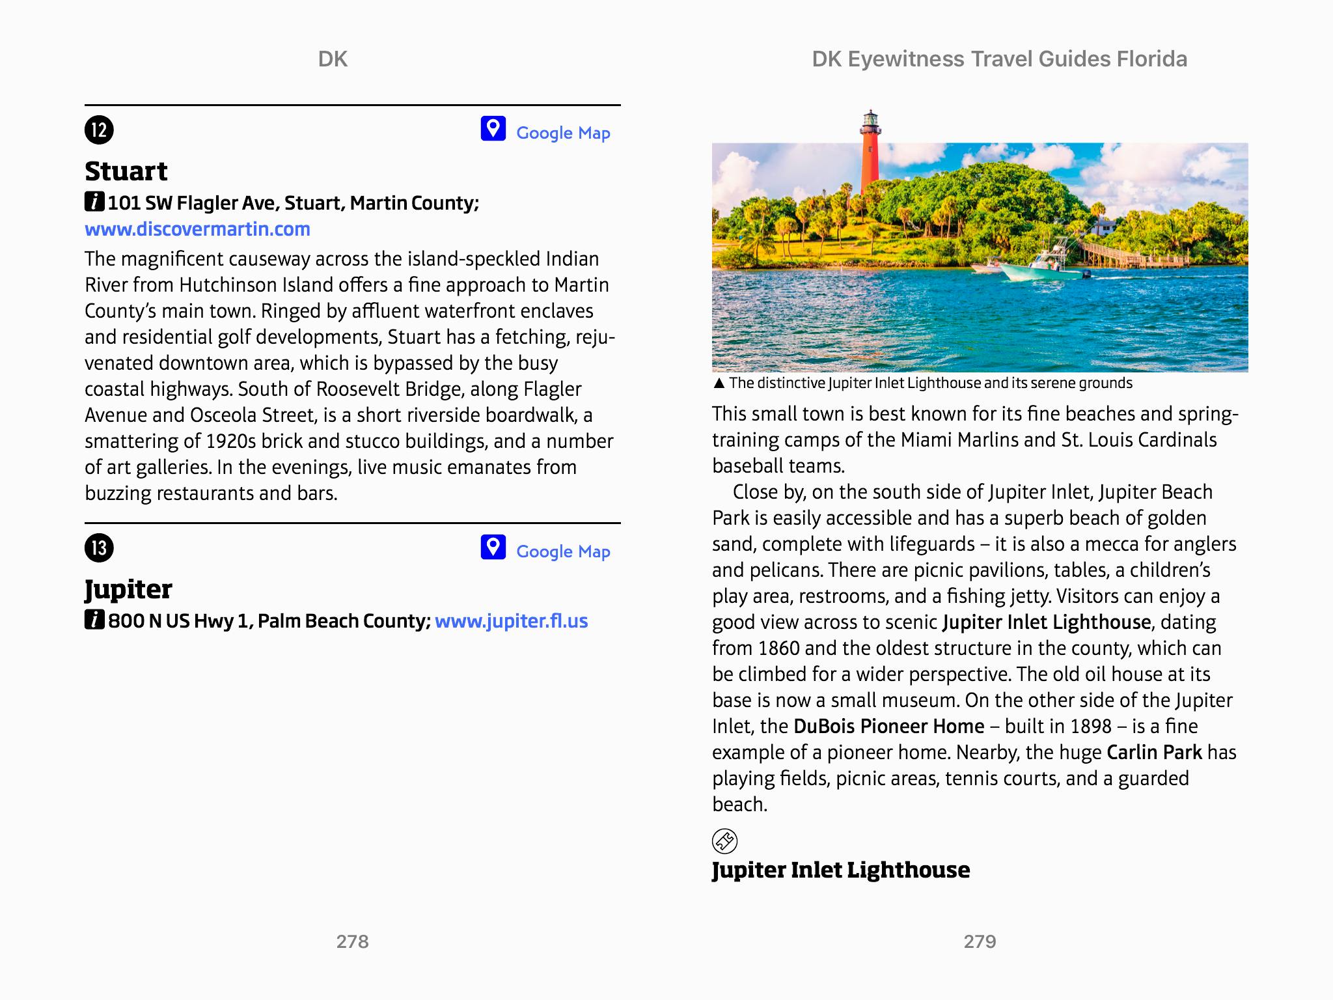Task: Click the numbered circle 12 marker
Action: pyautogui.click(x=99, y=130)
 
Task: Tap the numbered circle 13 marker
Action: pyautogui.click(x=99, y=548)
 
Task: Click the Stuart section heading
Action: pyautogui.click(x=126, y=171)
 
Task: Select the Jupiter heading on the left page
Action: pyautogui.click(x=128, y=589)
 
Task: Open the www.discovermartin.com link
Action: pyautogui.click(x=197, y=229)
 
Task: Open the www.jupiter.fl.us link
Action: pyautogui.click(x=511, y=621)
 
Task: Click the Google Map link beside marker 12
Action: pyautogui.click(x=563, y=133)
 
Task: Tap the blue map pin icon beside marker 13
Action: pyautogui.click(x=493, y=548)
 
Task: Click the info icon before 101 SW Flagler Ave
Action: pyautogui.click(x=94, y=202)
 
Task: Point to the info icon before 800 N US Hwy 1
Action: pyautogui.click(x=94, y=620)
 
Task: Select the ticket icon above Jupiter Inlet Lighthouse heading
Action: pyautogui.click(x=724, y=840)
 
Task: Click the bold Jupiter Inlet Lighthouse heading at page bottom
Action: pyautogui.click(x=840, y=870)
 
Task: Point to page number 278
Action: pyautogui.click(x=352, y=941)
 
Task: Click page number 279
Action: pyautogui.click(x=980, y=941)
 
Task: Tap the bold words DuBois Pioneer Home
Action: pyautogui.click(x=888, y=726)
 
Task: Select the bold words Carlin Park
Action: pyautogui.click(x=1154, y=752)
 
